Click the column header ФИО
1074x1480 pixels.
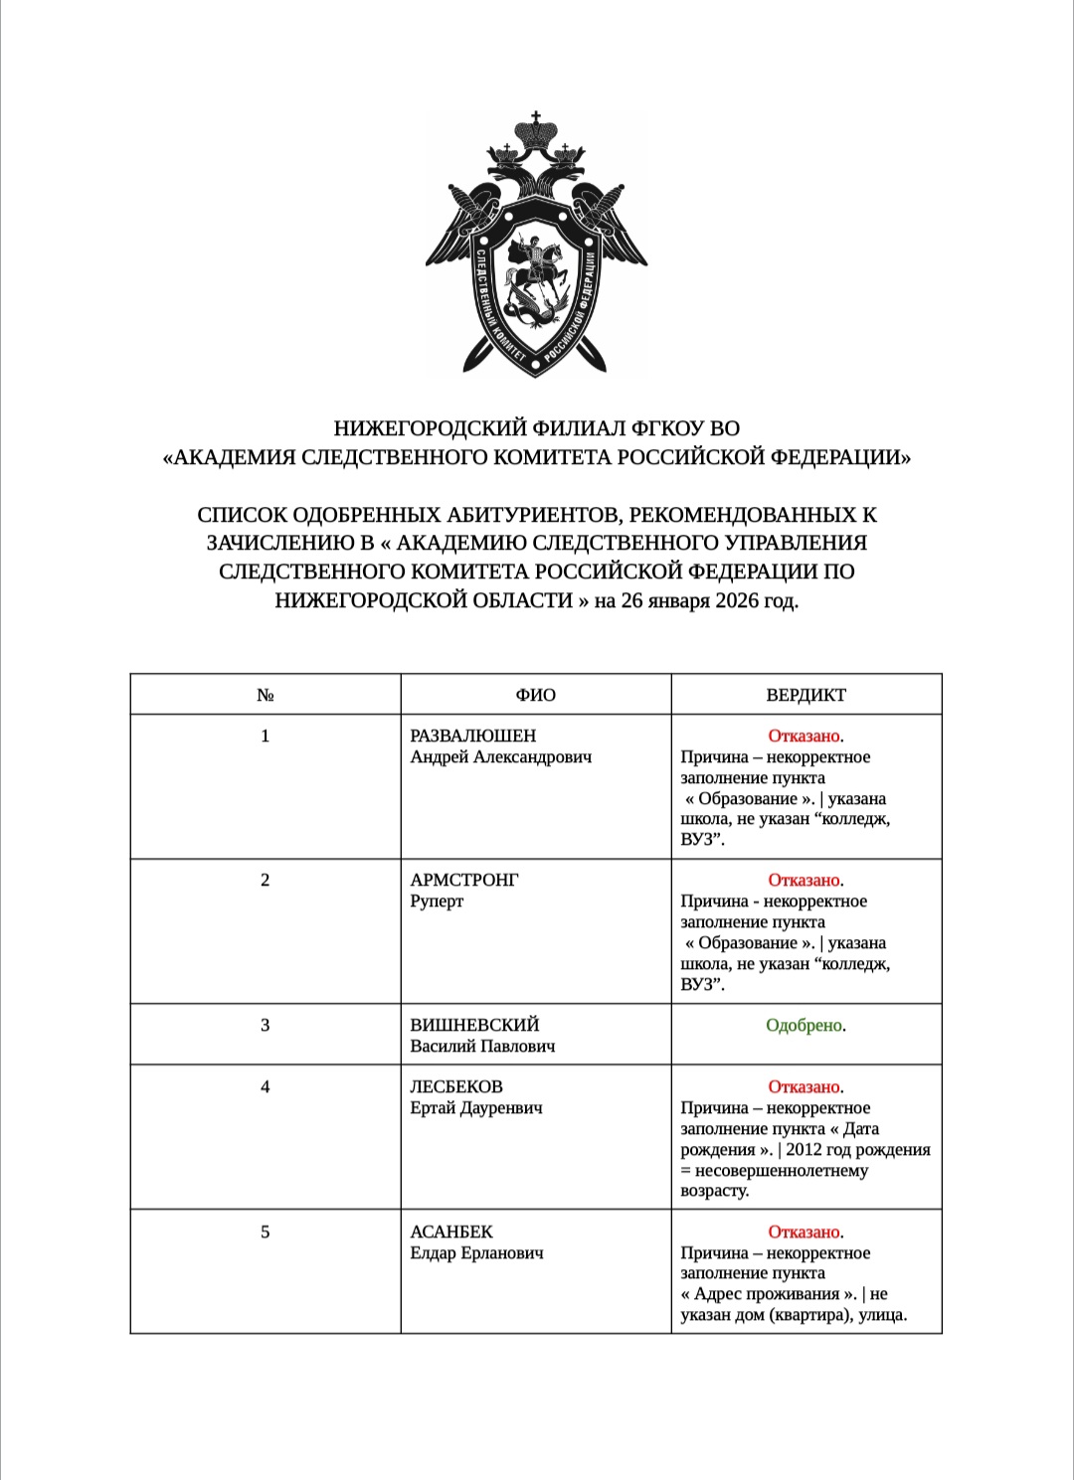tap(535, 695)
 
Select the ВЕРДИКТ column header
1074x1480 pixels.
tap(805, 695)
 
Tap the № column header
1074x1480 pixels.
tap(265, 695)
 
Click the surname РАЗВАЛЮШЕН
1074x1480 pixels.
tap(472, 736)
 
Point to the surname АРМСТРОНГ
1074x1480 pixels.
tap(464, 880)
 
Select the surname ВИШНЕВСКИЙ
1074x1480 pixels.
tap(474, 1025)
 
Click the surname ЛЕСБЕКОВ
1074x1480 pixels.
tap(456, 1086)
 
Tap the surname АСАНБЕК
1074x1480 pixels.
tap(451, 1232)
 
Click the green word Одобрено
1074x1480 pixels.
tap(804, 1025)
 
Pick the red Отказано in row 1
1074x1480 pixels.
tap(804, 736)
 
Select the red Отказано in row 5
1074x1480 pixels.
tap(804, 1232)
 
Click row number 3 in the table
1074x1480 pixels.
tap(265, 1025)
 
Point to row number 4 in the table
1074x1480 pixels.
tap(265, 1086)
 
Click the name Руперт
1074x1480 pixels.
tap(437, 901)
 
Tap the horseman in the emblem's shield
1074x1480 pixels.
tap(533, 268)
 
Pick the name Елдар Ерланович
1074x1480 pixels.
tap(476, 1252)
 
